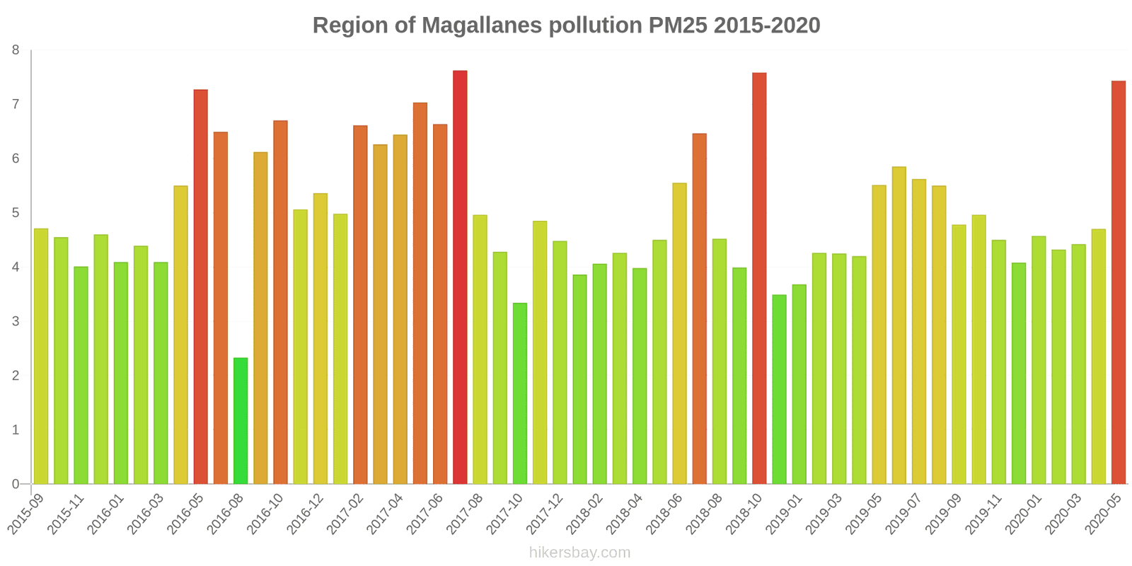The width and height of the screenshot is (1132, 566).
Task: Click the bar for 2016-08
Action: [241, 421]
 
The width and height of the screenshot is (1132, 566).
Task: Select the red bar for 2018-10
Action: [759, 278]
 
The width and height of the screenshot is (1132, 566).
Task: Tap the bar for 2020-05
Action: [1119, 282]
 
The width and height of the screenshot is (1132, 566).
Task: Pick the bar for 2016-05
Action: [201, 287]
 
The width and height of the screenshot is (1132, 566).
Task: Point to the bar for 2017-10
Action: [520, 393]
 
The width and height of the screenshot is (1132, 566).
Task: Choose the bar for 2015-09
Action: [41, 356]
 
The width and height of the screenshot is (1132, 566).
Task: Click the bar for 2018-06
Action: [679, 333]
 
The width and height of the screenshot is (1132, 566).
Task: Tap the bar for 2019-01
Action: [779, 389]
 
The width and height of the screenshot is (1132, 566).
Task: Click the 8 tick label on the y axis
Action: [16, 50]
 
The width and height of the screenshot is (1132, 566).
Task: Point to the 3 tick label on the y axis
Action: [16, 321]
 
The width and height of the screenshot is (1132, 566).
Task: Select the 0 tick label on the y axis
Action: [16, 484]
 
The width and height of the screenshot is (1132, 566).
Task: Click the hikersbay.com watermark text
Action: [579, 553]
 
